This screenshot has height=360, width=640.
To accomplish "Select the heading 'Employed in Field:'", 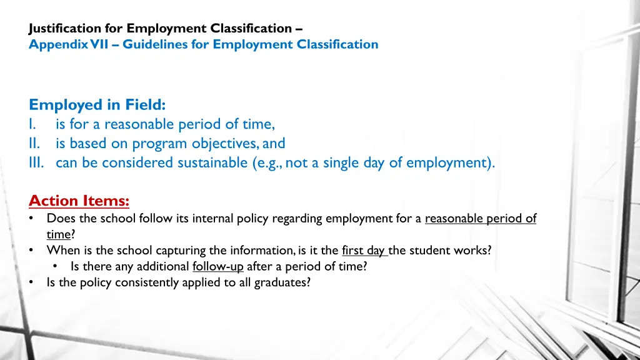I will [97, 105].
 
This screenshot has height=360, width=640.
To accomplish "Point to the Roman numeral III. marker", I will [39, 163].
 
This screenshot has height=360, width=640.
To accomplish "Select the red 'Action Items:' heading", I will [79, 201].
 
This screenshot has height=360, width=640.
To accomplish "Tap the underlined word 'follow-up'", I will [217, 267].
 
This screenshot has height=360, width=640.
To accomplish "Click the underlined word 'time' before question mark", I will [59, 235].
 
